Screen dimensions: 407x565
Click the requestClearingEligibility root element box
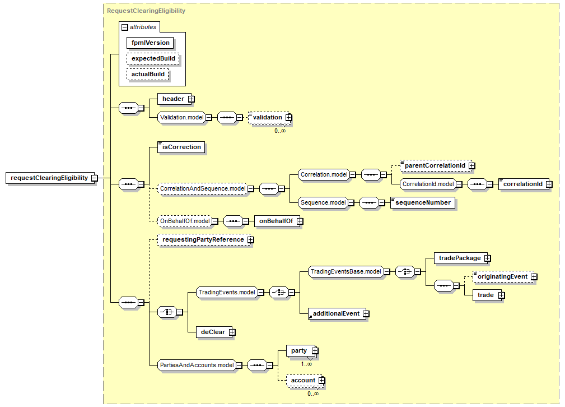[x=49, y=178]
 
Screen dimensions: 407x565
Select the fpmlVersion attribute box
[x=150, y=43]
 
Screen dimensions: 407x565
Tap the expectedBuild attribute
[x=153, y=58]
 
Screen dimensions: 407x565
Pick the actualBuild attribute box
[x=148, y=74]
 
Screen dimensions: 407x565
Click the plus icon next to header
[x=191, y=99]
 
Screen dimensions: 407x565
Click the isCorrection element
[x=181, y=147]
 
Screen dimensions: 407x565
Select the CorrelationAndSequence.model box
[x=203, y=189]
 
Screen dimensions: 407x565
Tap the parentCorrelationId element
[x=435, y=165]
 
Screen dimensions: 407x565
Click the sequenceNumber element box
[x=423, y=202]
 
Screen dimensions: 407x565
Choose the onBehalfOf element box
[x=276, y=221]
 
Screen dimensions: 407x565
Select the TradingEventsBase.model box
[x=346, y=271]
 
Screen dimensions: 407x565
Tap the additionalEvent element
[x=335, y=313]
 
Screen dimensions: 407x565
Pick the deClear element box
[x=213, y=332]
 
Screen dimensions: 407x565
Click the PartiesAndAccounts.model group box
[x=197, y=365]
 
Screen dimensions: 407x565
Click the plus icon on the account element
[x=321, y=380]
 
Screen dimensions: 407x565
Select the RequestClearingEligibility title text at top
[x=146, y=11]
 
